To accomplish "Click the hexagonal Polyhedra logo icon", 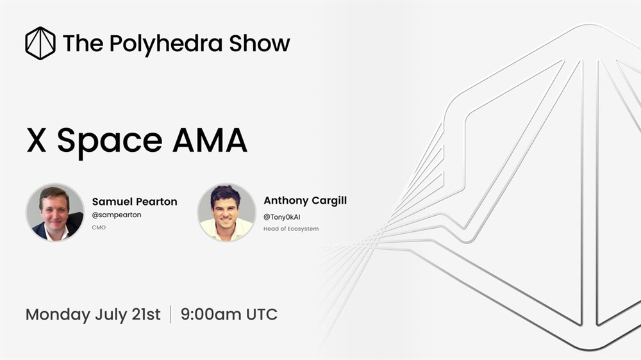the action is [x=40, y=44].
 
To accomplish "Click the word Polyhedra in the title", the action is [x=166, y=44].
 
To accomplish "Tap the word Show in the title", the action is [x=260, y=43].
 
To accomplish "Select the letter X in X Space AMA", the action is [x=37, y=140].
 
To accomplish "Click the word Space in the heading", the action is [x=110, y=142].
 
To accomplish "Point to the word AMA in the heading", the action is [x=210, y=140].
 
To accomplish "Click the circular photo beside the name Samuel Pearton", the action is [x=54, y=212].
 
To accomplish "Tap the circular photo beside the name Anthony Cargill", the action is [x=226, y=212].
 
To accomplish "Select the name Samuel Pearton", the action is [x=135, y=201].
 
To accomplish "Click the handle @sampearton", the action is [x=117, y=215].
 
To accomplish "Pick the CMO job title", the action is [x=99, y=227].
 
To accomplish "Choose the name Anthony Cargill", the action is [x=305, y=200].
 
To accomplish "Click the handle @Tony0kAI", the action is [x=281, y=217].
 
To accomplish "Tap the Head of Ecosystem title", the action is [x=291, y=229].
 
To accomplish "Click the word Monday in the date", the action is [x=58, y=315].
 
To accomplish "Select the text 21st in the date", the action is [x=146, y=315].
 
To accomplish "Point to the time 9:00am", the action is [x=211, y=315].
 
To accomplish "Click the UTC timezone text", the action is [x=262, y=315].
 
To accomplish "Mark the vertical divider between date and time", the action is [x=171, y=314].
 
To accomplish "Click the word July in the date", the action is [x=111, y=315].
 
